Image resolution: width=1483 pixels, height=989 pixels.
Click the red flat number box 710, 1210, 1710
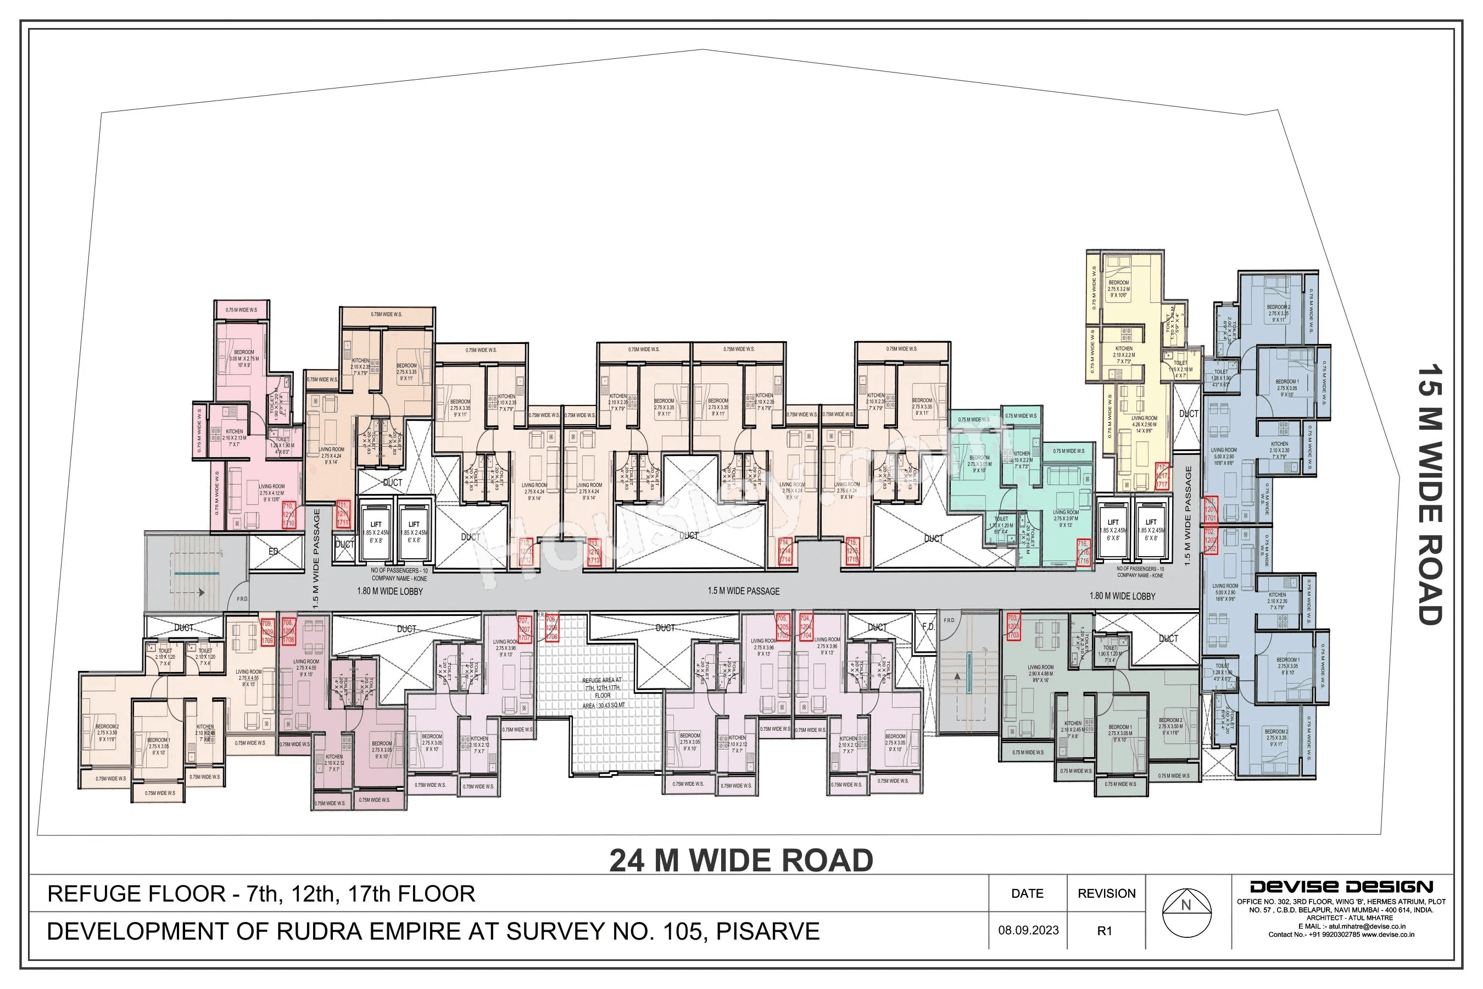pyautogui.click(x=289, y=515)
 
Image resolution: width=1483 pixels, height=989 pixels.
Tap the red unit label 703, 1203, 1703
pyautogui.click(x=1013, y=627)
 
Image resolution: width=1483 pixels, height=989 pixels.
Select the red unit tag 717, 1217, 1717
pyautogui.click(x=1162, y=477)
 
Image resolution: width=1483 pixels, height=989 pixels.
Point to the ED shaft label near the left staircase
pyautogui.click(x=273, y=551)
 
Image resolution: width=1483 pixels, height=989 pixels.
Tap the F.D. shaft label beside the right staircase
pyautogui.click(x=928, y=627)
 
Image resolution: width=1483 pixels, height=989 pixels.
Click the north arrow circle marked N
pyautogui.click(x=1186, y=913)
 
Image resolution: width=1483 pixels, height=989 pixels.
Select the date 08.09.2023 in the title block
pyautogui.click(x=1028, y=930)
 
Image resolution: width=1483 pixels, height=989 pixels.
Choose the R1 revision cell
pyautogui.click(x=1105, y=931)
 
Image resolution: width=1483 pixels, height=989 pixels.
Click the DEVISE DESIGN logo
pyautogui.click(x=1342, y=887)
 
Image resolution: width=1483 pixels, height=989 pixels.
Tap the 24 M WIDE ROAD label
pyautogui.click(x=741, y=860)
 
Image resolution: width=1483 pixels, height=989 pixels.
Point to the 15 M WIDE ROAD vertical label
pyautogui.click(x=1429, y=495)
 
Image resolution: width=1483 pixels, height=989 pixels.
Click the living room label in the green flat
pyautogui.click(x=1066, y=515)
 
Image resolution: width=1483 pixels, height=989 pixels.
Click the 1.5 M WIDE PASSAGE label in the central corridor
pyautogui.click(x=743, y=591)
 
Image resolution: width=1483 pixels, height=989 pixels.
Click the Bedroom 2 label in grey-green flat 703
pyautogui.click(x=1170, y=726)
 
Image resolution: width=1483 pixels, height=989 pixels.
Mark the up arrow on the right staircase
pyautogui.click(x=957, y=677)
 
